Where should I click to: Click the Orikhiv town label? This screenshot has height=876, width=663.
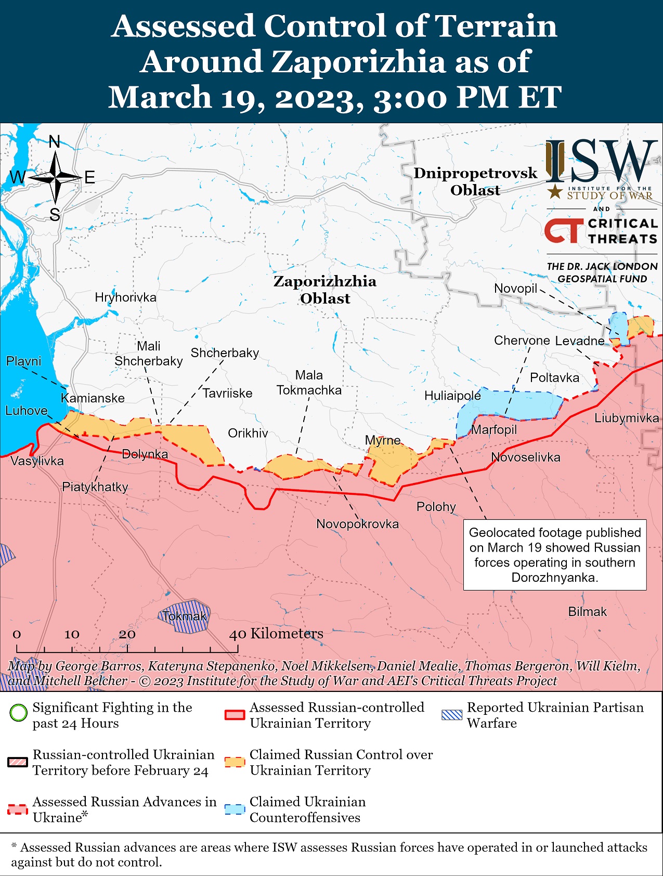coord(248,433)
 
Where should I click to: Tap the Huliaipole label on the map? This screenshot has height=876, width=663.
coord(452,396)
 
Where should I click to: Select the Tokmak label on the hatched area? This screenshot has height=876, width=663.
coord(185,616)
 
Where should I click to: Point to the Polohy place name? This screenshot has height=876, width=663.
coord(436,506)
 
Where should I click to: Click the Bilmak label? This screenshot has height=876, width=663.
coord(587,611)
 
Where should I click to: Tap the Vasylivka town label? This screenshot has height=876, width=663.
coord(37,461)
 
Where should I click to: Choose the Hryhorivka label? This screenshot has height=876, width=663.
coord(125,297)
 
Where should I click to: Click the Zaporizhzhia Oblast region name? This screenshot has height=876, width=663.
coord(325,290)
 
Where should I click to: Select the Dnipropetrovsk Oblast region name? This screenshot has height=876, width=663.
coord(475,181)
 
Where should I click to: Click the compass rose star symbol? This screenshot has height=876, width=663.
coord(55,178)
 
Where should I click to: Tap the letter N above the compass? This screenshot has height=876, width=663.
coord(55,141)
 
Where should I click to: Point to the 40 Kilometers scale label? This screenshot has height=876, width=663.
coord(276,633)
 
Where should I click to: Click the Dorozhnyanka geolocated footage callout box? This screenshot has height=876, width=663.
coord(555,555)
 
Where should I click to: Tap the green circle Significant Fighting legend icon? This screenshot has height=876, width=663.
coord(18,712)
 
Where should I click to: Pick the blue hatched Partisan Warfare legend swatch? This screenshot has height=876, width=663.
coord(451,715)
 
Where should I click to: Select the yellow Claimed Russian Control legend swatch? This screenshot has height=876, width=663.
coord(235,762)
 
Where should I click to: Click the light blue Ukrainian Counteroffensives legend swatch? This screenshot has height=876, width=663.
coord(235,809)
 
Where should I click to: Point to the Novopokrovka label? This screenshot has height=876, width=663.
coord(357,524)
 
